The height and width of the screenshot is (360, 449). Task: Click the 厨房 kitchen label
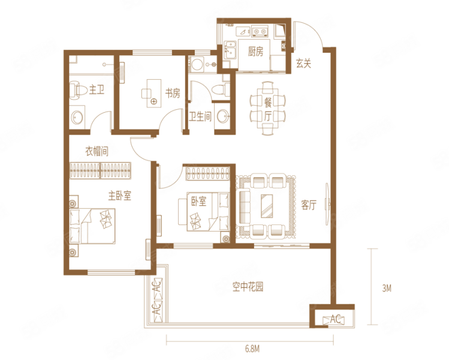[x=255, y=52]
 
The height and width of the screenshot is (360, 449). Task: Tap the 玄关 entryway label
[x=303, y=63]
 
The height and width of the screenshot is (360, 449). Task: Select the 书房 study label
[x=173, y=93]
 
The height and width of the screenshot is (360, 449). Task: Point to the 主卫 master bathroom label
[x=97, y=90]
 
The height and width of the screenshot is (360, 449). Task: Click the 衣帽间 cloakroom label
[x=97, y=151]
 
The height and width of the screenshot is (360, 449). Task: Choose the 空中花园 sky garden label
[x=248, y=287]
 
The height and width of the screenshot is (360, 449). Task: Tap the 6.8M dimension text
[x=252, y=349]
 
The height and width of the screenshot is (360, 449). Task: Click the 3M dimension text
[x=387, y=288]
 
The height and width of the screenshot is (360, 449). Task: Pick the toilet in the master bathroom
[x=78, y=90]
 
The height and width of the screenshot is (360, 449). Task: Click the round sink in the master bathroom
[x=77, y=117]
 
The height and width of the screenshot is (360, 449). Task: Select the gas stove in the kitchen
[x=260, y=31]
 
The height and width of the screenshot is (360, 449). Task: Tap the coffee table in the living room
[x=267, y=206]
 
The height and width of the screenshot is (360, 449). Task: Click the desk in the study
[x=154, y=94]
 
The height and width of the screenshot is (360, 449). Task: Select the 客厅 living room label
[x=309, y=205]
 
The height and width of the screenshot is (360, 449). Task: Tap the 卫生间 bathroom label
[x=200, y=116]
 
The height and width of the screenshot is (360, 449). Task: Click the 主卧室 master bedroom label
[x=120, y=196]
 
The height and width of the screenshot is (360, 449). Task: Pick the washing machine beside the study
[x=197, y=64]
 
